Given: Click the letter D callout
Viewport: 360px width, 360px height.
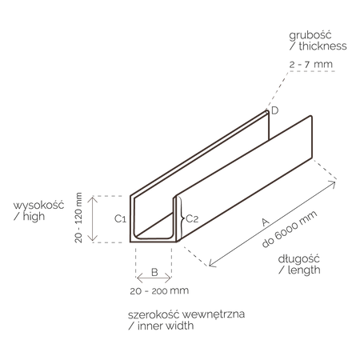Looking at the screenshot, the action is click(x=274, y=110).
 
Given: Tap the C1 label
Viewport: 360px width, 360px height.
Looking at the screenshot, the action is click(x=120, y=219).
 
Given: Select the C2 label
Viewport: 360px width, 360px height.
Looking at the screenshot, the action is click(x=192, y=219).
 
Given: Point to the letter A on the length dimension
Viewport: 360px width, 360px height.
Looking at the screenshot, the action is click(x=265, y=222).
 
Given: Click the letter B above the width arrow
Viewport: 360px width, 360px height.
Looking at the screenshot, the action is click(x=154, y=272).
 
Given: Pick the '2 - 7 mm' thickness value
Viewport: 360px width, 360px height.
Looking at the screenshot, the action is click(x=311, y=64).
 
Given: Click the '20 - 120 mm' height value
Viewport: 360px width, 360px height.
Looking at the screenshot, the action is click(x=78, y=218).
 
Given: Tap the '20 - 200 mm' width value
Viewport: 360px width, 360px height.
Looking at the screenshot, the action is click(x=159, y=290).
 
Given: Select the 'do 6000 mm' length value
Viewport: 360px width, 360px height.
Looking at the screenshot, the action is click(x=290, y=230).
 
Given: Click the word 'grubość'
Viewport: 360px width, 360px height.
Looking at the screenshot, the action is click(x=310, y=35).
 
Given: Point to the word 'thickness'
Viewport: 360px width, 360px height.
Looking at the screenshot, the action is click(x=322, y=46).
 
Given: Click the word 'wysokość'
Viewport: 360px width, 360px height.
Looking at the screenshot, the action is click(x=38, y=206).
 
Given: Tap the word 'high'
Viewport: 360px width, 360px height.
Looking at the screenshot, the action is click(x=34, y=216).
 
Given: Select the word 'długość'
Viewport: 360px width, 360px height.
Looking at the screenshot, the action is click(x=298, y=259).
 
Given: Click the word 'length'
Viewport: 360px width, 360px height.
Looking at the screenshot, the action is click(x=304, y=270).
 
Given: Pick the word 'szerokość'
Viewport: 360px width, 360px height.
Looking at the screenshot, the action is click(x=154, y=314).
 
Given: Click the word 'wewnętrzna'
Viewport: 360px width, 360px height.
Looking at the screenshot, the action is click(x=214, y=314).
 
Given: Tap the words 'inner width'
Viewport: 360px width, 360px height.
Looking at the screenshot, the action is click(x=166, y=326).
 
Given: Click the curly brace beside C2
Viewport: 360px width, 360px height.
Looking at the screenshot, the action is click(x=182, y=218).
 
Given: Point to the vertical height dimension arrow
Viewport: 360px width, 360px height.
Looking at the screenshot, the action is click(x=93, y=218).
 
